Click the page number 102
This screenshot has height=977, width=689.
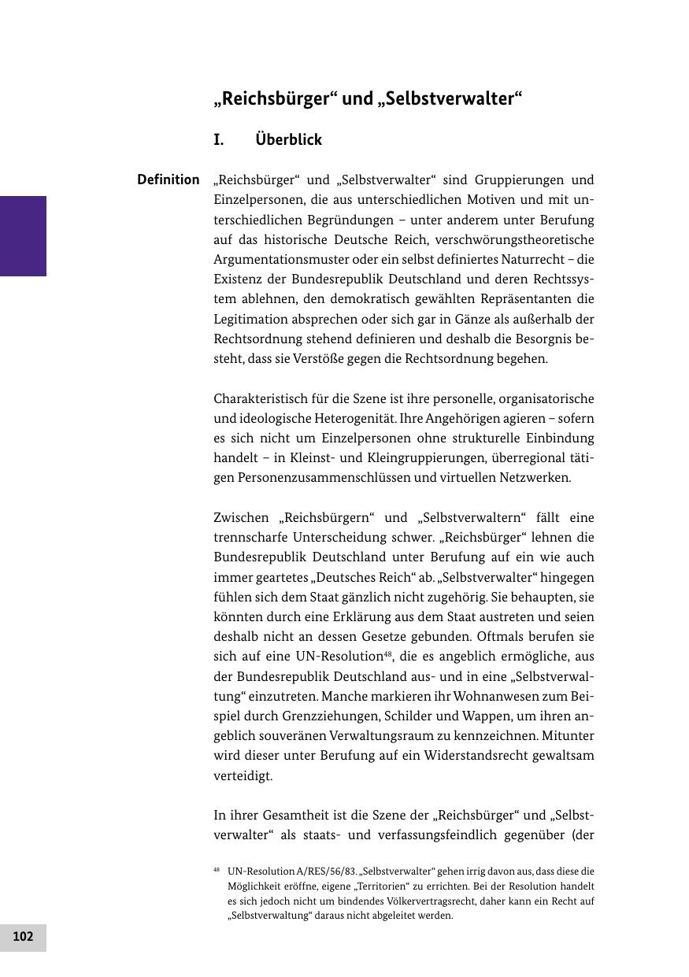[x=23, y=937]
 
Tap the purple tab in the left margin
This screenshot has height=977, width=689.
[x=23, y=235]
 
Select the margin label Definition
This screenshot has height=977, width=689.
[x=169, y=179]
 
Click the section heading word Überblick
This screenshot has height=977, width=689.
[x=289, y=140]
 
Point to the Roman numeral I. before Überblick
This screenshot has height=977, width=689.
[x=219, y=140]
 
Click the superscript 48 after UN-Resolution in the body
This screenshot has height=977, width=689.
[x=388, y=653]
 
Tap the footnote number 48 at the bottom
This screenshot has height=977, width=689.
[x=217, y=870]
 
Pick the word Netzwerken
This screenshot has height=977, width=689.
[x=532, y=478]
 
